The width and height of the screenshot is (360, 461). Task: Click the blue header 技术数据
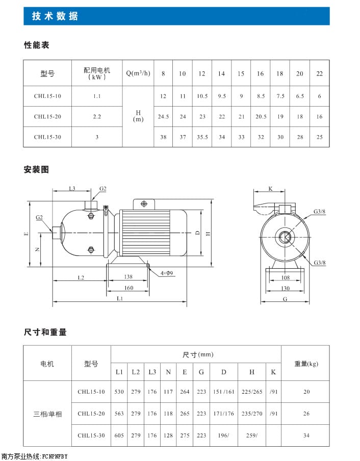click(55, 16)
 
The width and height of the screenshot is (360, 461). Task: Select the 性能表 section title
click(37, 45)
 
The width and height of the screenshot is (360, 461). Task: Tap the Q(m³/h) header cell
click(138, 73)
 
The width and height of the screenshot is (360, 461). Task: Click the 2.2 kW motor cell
click(97, 117)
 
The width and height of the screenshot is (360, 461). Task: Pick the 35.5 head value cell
click(202, 137)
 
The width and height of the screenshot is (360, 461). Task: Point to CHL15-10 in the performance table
click(47, 96)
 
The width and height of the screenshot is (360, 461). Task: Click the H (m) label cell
click(138, 116)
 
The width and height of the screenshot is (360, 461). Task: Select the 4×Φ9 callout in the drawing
click(167, 273)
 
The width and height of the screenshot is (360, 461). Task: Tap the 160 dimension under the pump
click(128, 288)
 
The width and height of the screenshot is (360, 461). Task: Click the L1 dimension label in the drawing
click(119, 298)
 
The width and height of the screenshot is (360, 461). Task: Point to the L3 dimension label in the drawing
click(72, 189)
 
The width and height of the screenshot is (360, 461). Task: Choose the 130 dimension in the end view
click(285, 288)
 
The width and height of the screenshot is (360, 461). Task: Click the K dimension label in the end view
click(270, 189)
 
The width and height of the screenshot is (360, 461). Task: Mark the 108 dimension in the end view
click(285, 278)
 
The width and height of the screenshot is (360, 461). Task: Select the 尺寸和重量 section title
click(45, 332)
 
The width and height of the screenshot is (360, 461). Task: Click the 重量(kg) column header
click(306, 364)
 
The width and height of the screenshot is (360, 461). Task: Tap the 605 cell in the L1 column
click(119, 436)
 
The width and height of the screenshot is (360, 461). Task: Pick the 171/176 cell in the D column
click(223, 414)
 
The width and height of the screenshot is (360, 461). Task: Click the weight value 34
click(306, 436)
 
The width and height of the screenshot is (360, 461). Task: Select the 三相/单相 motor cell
click(47, 414)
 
